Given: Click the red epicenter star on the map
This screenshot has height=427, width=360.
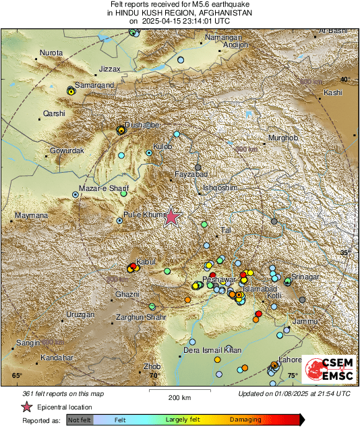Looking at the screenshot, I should click(172, 216).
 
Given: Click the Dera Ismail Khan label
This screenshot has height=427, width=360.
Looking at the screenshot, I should click(212, 350).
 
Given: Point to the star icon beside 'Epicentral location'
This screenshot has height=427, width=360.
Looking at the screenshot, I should click(26, 407).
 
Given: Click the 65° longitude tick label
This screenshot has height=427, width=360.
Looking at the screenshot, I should click(17, 375).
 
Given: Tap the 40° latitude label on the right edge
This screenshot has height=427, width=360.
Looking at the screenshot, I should click(344, 80).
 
